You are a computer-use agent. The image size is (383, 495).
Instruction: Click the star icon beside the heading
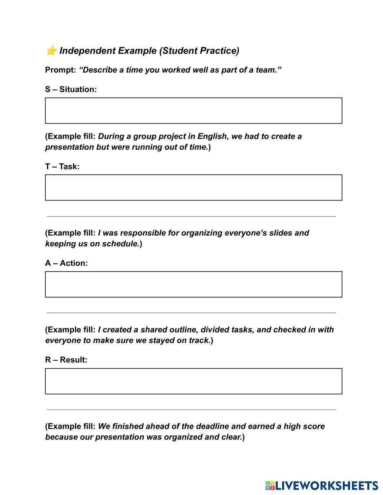[x=51, y=50]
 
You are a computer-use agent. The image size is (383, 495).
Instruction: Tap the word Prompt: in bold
[x=61, y=70]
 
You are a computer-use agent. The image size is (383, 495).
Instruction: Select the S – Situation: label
[x=71, y=89]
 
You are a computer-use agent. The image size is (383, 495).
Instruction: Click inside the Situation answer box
[x=193, y=111]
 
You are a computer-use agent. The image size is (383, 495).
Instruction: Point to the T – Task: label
[x=62, y=166]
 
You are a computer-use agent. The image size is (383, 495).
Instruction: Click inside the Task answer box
[x=193, y=187]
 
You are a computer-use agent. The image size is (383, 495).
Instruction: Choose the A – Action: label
[x=66, y=263]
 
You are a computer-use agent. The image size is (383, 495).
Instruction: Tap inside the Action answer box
[x=193, y=284]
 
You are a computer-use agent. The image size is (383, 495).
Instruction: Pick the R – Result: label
[x=66, y=360]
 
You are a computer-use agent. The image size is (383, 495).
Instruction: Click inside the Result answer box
[x=193, y=381]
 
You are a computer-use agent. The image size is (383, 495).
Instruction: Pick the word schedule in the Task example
[x=120, y=244]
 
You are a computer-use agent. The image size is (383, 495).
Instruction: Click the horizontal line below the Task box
[x=191, y=217]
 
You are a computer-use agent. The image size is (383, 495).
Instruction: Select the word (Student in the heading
[x=178, y=50]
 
